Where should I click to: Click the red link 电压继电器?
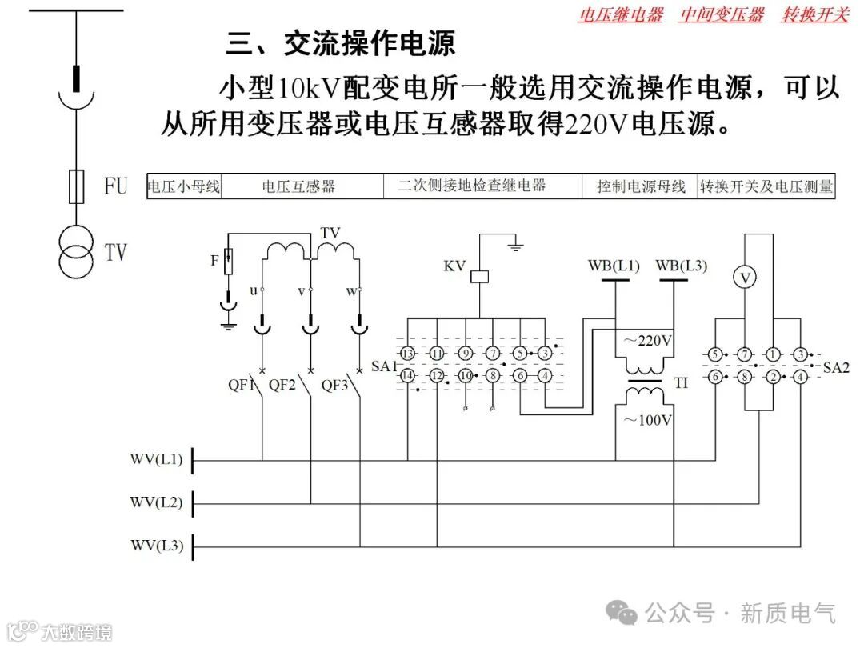click(620, 15)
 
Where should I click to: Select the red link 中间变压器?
click(722, 15)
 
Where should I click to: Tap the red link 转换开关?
click(814, 15)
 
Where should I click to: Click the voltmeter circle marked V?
click(746, 277)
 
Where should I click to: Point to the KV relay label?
click(455, 266)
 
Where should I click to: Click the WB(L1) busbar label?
click(614, 266)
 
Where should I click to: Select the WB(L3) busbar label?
click(682, 266)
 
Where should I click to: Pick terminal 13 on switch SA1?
click(408, 354)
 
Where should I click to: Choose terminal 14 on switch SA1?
click(408, 375)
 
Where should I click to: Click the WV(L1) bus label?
click(157, 460)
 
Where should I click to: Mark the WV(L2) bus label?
click(157, 503)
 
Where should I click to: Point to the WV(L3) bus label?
click(157, 546)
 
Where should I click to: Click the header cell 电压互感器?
click(298, 187)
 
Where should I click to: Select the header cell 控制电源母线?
click(641, 187)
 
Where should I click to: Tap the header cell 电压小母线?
click(184, 187)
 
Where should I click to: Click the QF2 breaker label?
click(282, 385)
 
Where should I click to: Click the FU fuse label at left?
click(116, 186)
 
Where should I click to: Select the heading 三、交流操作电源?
click(341, 44)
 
